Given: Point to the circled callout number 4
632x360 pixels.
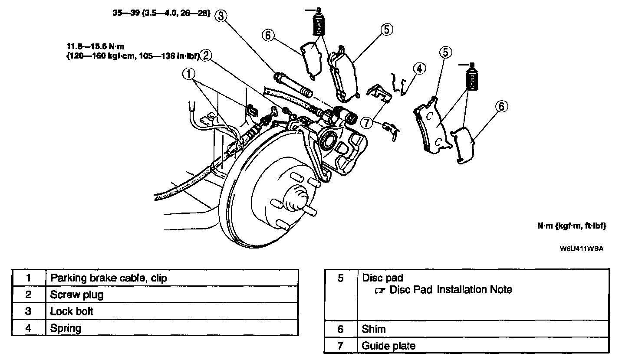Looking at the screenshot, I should [419, 69].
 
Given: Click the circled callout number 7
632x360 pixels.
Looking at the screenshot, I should [367, 123].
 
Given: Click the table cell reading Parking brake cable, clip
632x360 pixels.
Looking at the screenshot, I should [109, 278].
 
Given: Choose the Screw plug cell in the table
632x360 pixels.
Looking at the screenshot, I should [77, 295].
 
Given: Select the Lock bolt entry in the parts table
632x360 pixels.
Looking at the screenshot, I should [72, 311].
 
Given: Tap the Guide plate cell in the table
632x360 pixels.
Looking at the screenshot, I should [389, 346].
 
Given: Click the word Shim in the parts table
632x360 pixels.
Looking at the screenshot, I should [374, 329].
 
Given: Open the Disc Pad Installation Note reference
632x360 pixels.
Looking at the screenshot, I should [451, 290].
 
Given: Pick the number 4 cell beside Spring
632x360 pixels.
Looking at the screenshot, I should [29, 327].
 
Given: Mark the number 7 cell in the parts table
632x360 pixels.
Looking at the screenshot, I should [340, 346].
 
